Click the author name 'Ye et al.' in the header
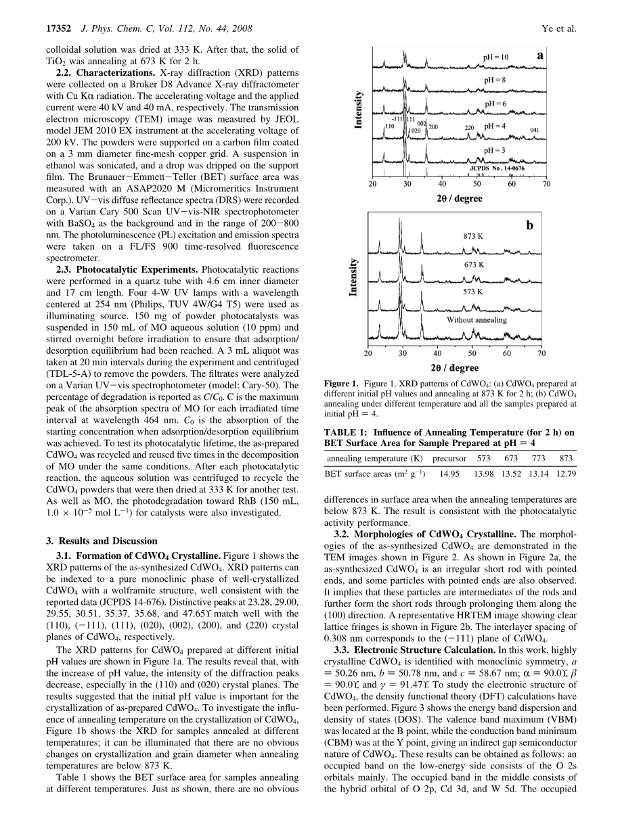pos(559,29)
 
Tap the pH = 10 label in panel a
pos(496,58)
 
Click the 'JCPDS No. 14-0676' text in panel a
pos(497,167)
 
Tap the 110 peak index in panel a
pos(389,126)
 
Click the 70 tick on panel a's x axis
pos(546,184)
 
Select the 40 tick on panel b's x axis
pos(437,353)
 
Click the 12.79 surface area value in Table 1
pos(566,474)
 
